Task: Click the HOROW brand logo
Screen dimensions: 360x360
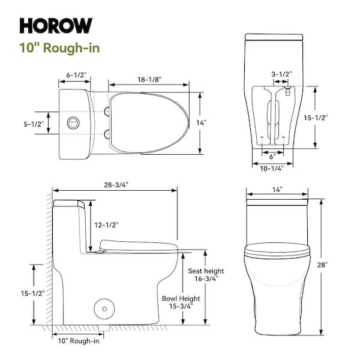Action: (x=56, y=25)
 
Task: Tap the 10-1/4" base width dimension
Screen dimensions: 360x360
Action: (x=272, y=169)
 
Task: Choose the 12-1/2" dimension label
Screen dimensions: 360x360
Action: (x=107, y=225)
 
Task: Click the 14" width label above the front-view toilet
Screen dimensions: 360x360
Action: (x=277, y=189)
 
